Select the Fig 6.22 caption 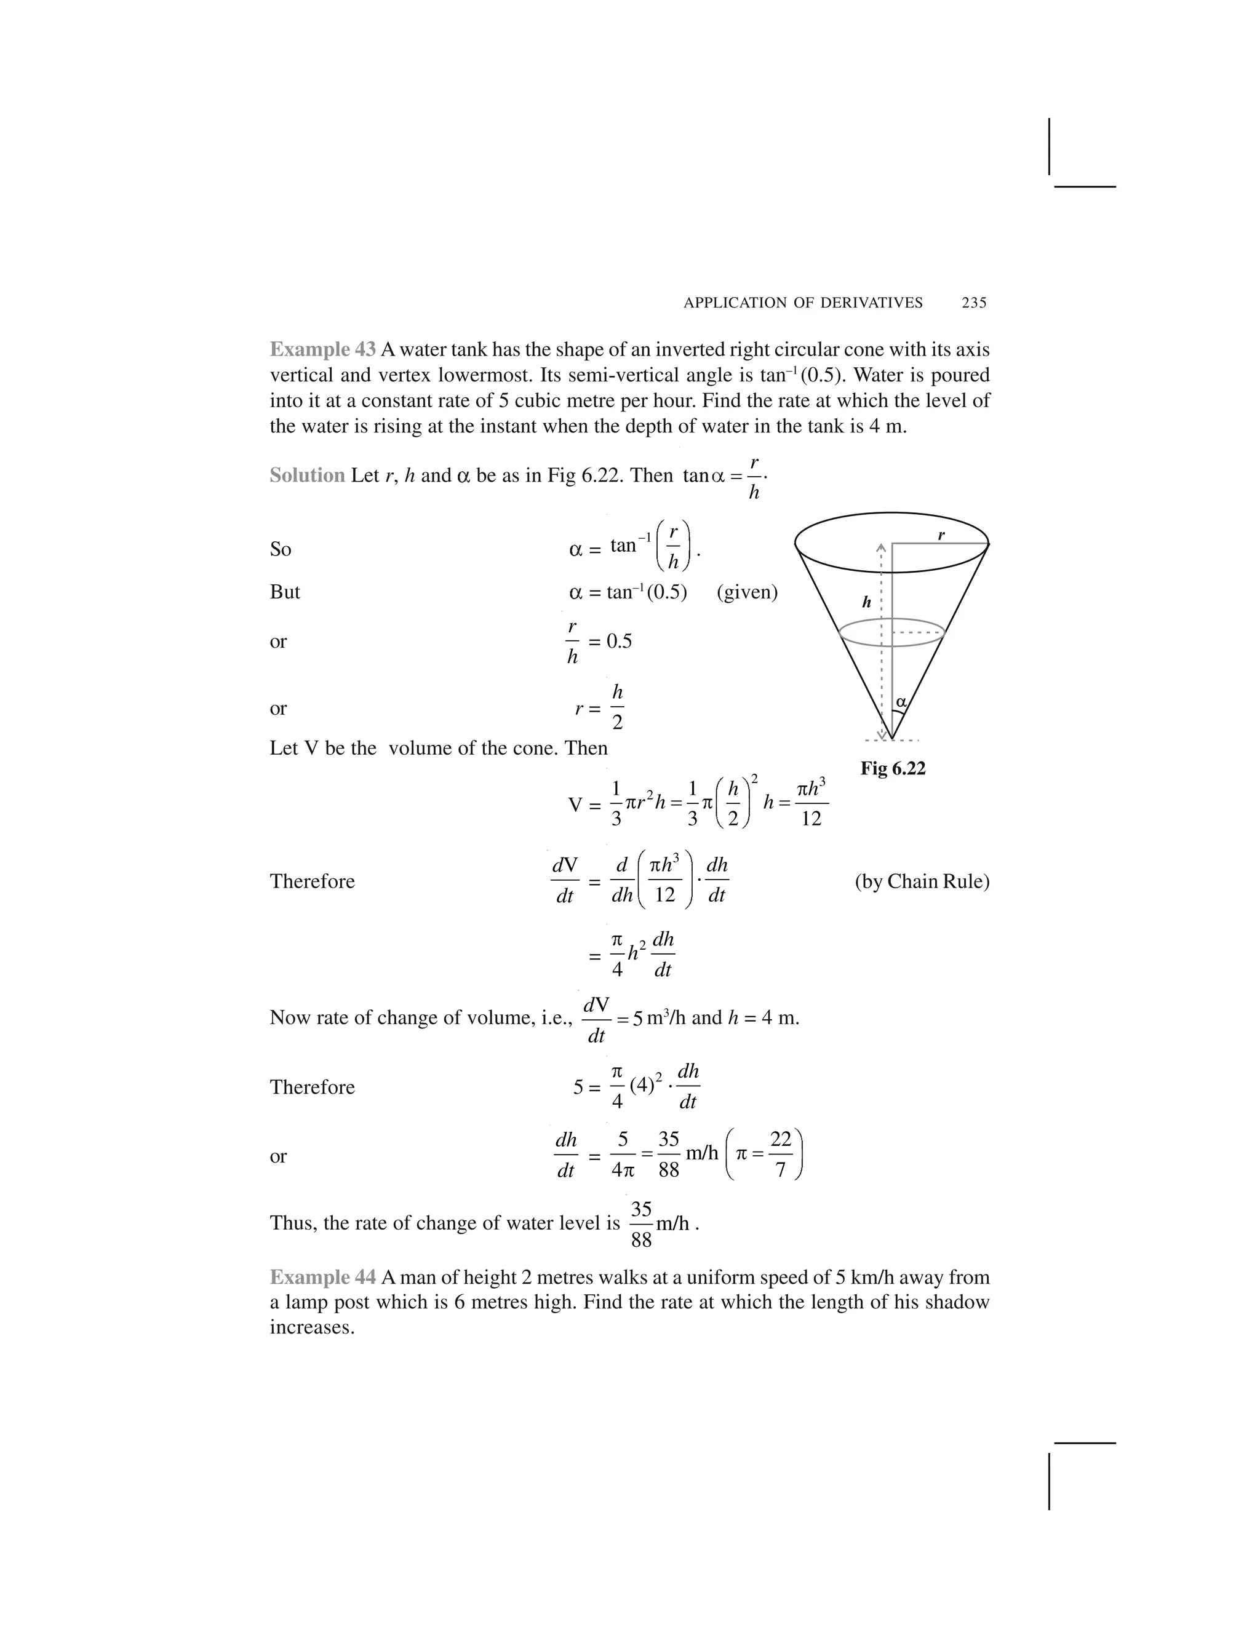[x=893, y=768]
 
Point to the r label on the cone [x=941, y=535]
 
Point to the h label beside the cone [x=867, y=602]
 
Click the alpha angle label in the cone [x=901, y=702]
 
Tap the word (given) [x=747, y=592]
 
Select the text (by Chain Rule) [x=922, y=881]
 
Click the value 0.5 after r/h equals [x=619, y=641]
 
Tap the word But [x=284, y=592]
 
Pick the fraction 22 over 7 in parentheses [x=780, y=1154]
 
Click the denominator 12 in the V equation [x=811, y=819]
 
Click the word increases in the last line [x=311, y=1328]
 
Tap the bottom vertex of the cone [x=891, y=739]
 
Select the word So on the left [x=280, y=550]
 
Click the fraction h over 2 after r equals [x=617, y=707]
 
